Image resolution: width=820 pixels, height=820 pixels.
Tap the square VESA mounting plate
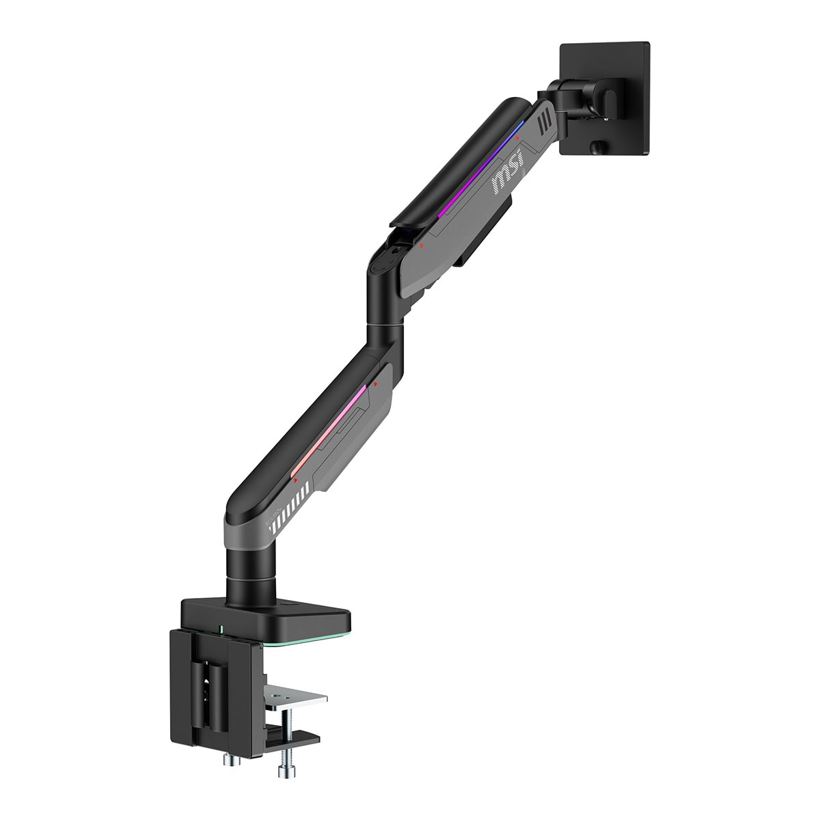604,98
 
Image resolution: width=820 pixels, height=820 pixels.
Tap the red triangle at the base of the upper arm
422,245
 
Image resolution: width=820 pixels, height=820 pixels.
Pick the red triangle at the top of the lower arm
375,384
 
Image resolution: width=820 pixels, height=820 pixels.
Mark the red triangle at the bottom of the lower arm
295,480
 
